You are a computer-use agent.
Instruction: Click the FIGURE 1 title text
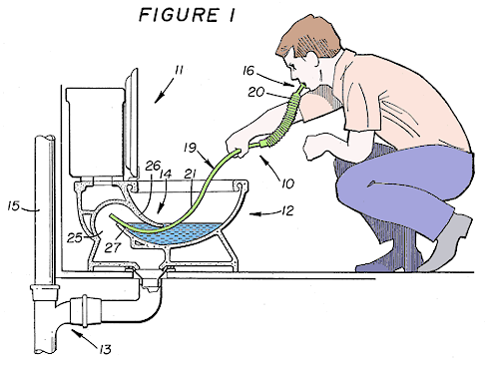[x=187, y=15]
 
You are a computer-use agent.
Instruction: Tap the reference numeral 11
[x=180, y=71]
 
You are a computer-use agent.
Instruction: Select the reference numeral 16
[x=248, y=71]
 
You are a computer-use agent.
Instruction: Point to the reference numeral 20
[x=255, y=92]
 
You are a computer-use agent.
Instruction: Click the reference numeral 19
[x=191, y=148]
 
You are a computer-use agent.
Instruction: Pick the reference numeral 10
[x=287, y=183]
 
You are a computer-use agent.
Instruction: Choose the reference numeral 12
[x=287, y=210]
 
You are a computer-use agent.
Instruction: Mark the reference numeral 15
[x=13, y=206]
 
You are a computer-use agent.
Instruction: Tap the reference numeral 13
[x=105, y=349]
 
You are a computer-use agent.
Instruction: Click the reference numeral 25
[x=75, y=238]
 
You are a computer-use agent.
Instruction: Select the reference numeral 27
[x=112, y=247]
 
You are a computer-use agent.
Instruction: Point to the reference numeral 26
[x=153, y=166]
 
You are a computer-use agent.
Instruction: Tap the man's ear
[x=311, y=61]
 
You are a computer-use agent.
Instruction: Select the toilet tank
[x=95, y=132]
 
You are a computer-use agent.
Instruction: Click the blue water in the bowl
[x=173, y=232]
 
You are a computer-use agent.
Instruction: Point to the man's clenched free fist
[x=317, y=147]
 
